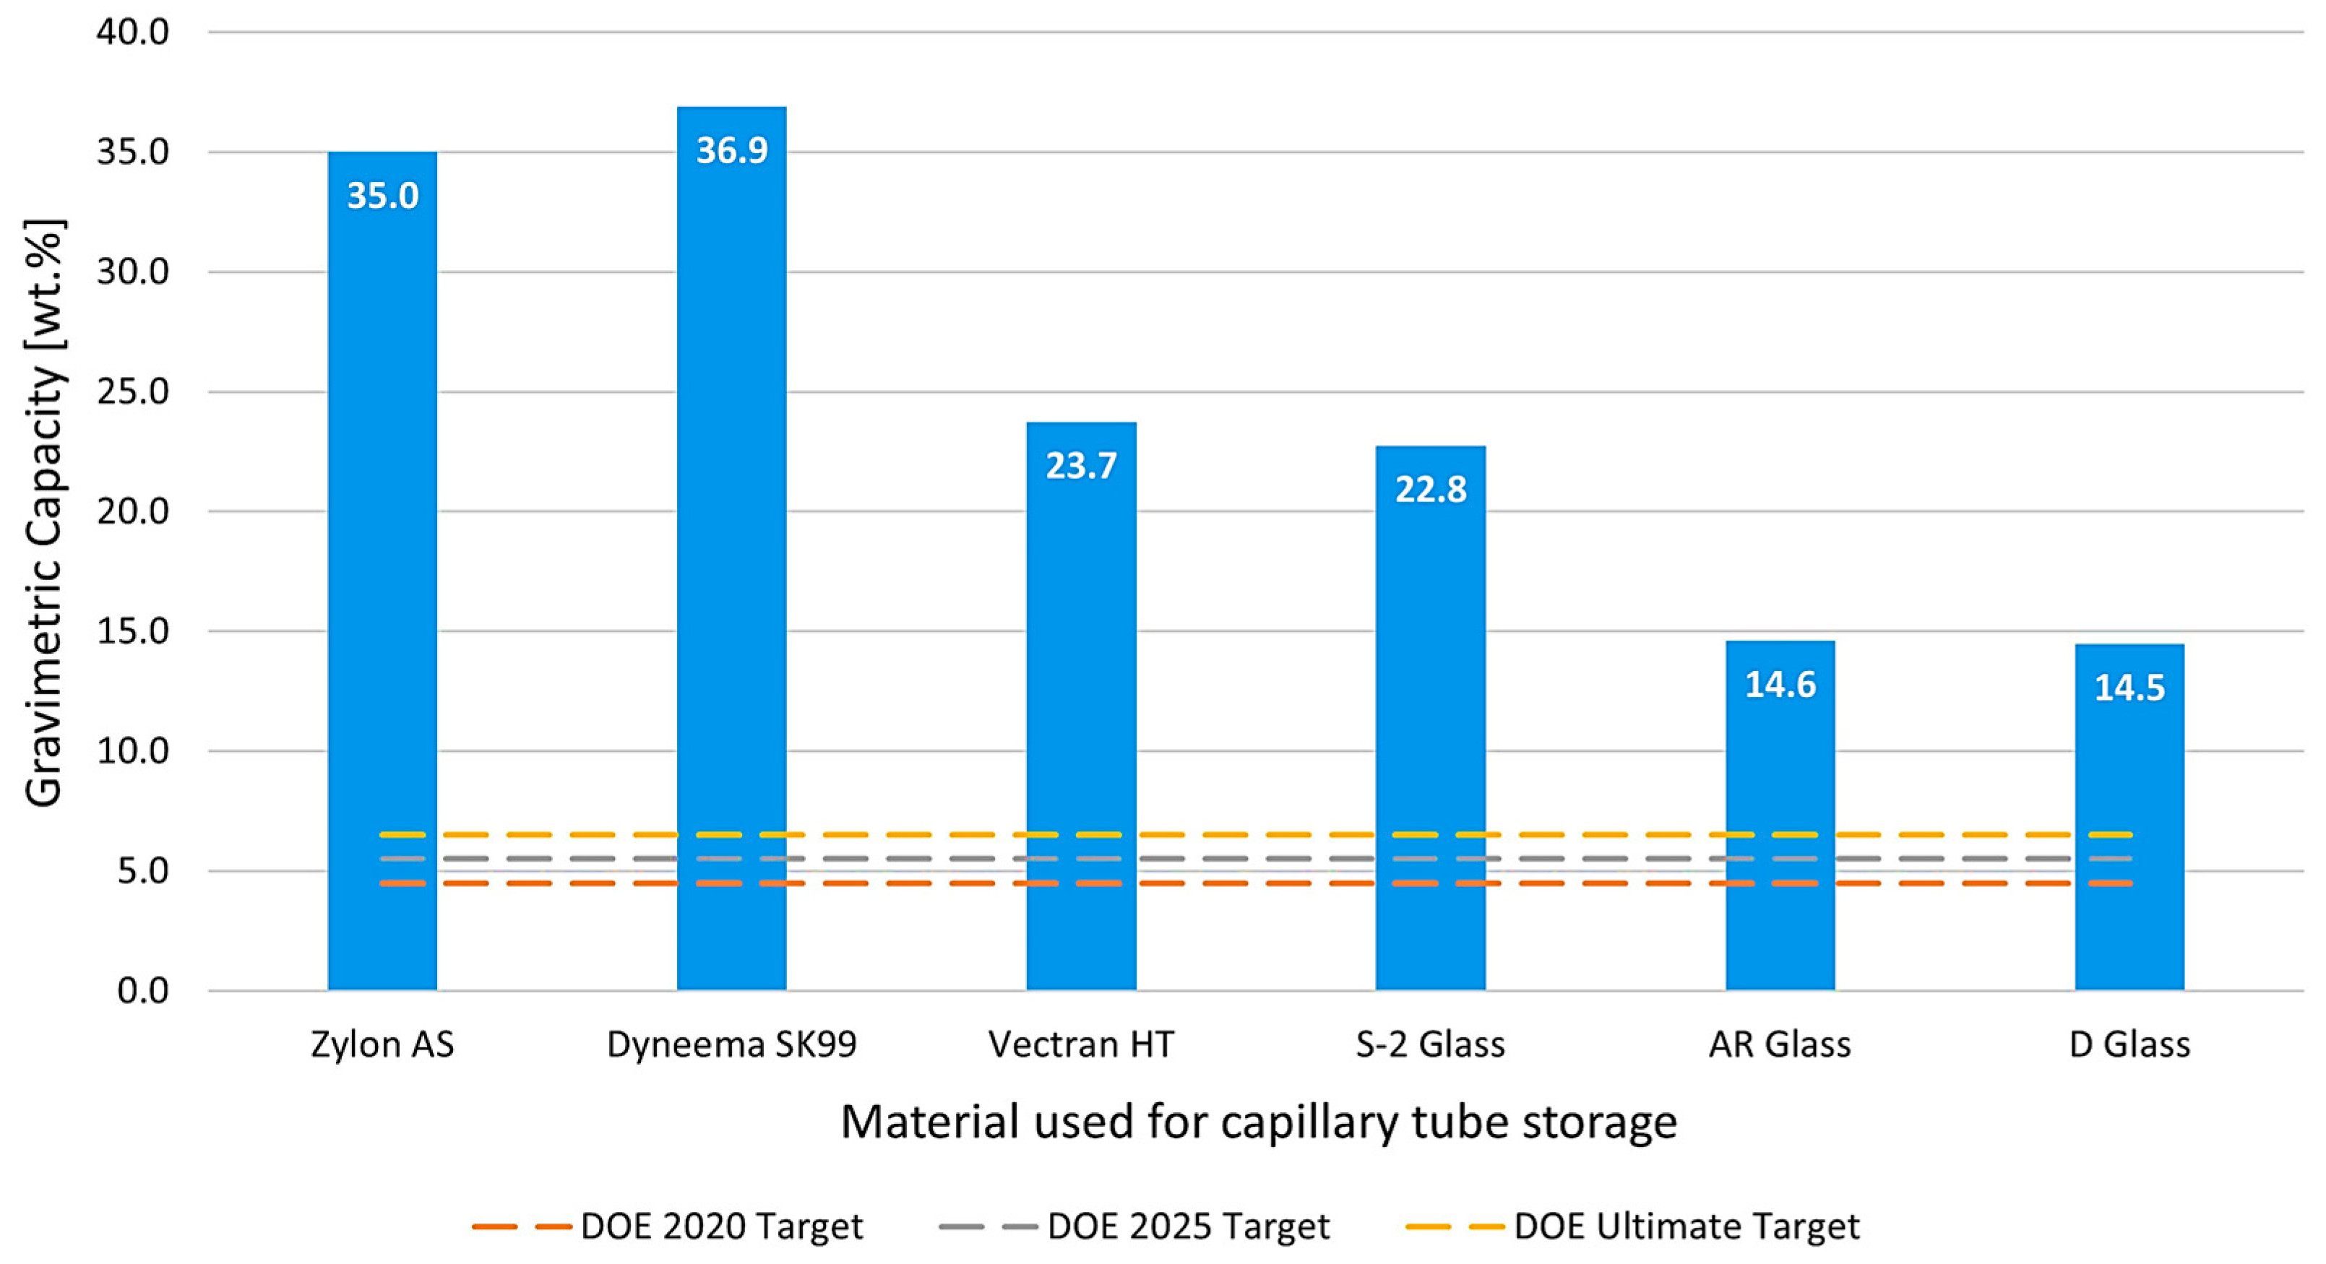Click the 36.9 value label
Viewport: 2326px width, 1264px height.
coord(731,150)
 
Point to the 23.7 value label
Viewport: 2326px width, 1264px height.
coord(1081,466)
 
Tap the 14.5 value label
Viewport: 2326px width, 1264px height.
coord(2129,688)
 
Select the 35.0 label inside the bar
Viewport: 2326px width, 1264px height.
coord(383,196)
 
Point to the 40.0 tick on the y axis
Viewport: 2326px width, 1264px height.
coord(133,33)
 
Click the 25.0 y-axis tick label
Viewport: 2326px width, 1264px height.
coord(133,391)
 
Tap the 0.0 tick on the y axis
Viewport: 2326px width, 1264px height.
coord(142,990)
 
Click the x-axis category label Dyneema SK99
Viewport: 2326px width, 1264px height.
coord(731,1044)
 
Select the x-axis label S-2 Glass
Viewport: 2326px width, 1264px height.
coord(1430,1044)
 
